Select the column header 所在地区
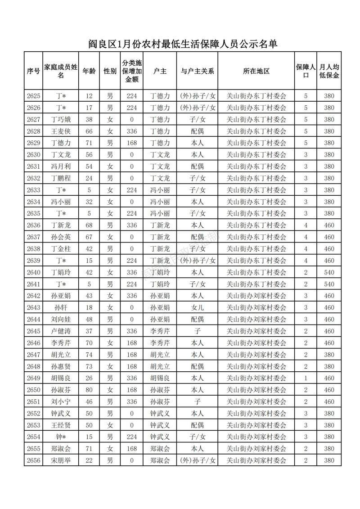256,71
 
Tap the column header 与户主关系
197,71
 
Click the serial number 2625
33,96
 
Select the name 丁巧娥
61,119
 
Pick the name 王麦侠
61,131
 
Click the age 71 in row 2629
89,143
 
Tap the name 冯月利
61,166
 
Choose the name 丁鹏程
61,178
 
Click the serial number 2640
33,272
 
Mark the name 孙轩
61,307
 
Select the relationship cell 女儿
197,307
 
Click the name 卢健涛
61,331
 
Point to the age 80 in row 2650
89,390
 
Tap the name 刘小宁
61,401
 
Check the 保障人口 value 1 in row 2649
306,378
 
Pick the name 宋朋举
61,460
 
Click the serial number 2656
33,460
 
